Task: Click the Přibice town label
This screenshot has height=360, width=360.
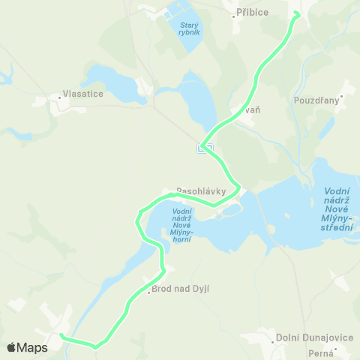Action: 254,13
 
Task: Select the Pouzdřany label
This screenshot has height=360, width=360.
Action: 316,99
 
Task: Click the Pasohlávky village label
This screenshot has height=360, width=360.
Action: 201,190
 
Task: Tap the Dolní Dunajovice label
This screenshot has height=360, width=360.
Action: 315,337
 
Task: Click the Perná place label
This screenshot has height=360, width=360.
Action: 320,352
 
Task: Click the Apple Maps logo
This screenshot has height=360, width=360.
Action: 27,347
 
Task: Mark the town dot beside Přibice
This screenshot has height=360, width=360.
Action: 234,13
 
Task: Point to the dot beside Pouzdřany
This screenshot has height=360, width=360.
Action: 342,96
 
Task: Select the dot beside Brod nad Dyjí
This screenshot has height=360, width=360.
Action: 148,292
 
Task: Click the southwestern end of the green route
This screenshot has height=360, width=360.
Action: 61,335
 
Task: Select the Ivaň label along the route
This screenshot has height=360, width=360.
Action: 251,109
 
